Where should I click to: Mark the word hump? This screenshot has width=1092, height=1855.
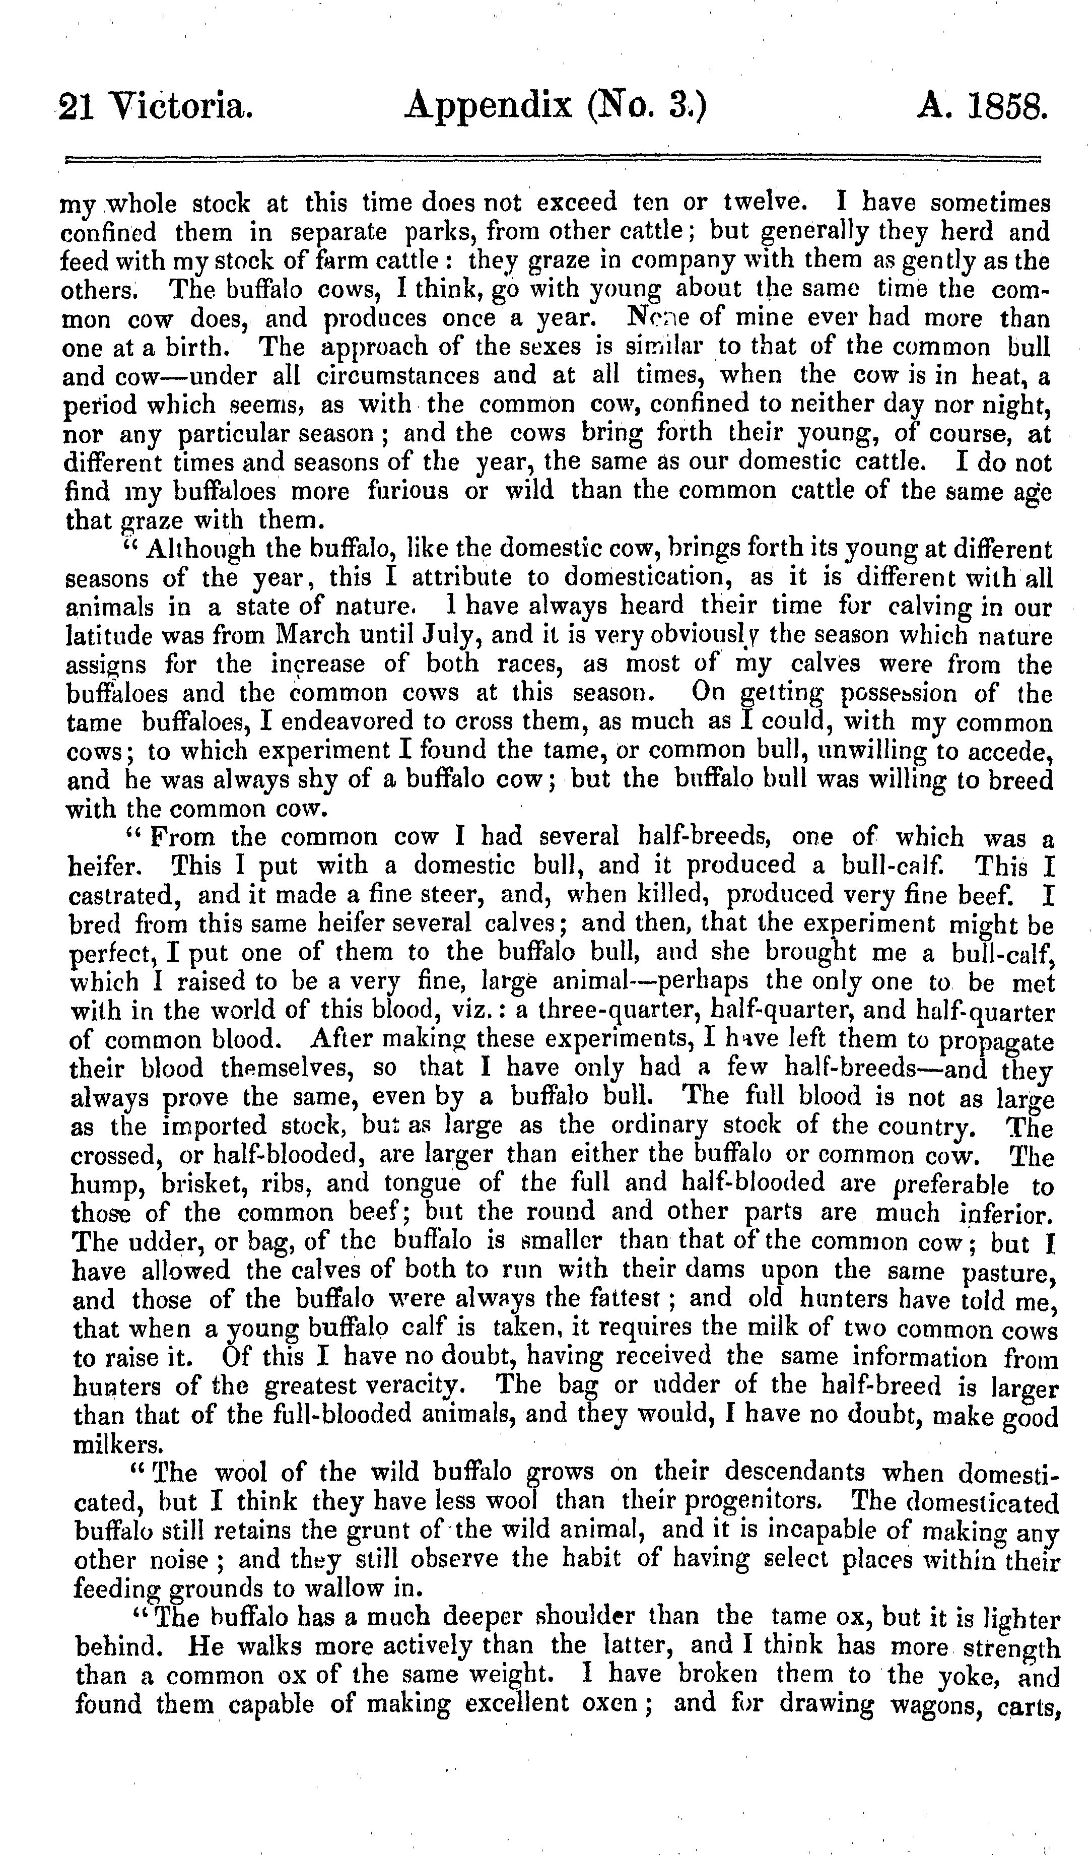click(x=100, y=1184)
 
